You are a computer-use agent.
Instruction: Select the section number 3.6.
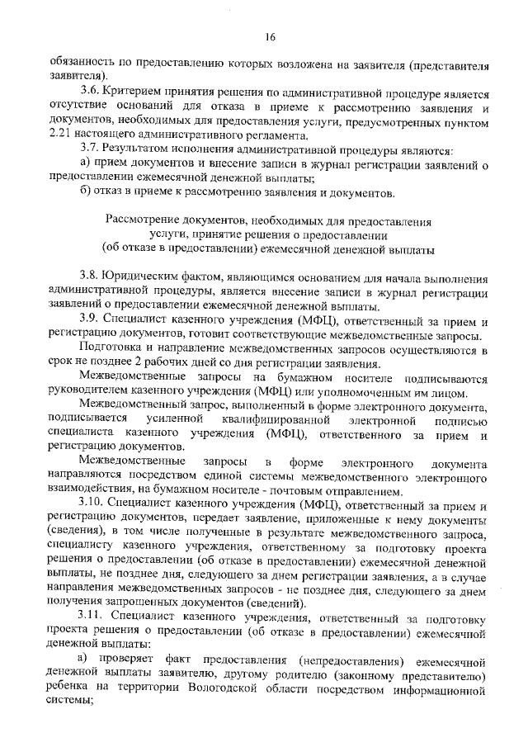pyautogui.click(x=89, y=95)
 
